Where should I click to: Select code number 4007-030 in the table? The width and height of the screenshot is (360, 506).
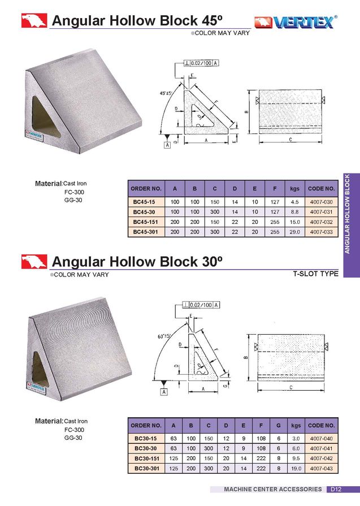coord(322,202)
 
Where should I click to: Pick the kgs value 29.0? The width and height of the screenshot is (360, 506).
coord(294,232)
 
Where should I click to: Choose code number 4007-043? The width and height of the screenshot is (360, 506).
coord(322,469)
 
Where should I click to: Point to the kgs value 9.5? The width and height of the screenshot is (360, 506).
coord(296,459)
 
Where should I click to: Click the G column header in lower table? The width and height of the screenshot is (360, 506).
coord(279,425)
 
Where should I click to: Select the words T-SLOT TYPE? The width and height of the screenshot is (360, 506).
coord(315,274)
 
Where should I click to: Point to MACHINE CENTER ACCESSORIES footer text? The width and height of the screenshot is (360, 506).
coord(273,489)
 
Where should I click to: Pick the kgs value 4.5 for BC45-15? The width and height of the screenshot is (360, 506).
coord(294,202)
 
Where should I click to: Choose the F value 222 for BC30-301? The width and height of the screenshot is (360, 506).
coord(261,469)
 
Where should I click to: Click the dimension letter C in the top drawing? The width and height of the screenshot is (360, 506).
coord(289,139)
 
